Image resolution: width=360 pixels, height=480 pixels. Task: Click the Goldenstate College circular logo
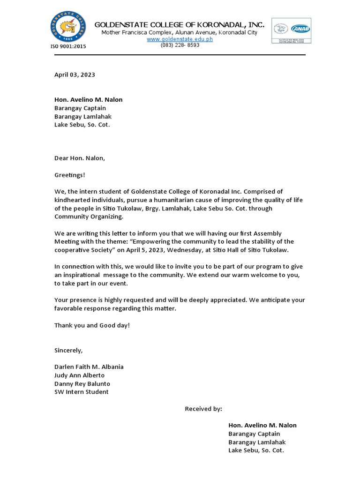point(68,27)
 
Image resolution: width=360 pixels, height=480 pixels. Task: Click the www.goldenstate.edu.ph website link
point(180,39)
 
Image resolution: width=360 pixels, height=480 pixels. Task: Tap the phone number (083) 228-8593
point(180,45)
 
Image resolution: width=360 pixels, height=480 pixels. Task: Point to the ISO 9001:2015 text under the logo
point(68,46)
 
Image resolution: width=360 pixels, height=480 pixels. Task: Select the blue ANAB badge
point(300,29)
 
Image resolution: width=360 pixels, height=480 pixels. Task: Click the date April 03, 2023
point(75,75)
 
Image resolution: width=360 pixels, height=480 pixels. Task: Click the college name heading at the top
point(180,24)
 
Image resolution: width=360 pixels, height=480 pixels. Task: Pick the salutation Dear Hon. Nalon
point(80,158)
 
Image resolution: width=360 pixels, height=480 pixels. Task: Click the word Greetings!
point(70,175)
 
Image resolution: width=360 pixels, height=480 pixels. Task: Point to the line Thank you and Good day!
point(92,325)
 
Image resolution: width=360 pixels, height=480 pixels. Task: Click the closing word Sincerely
point(68,350)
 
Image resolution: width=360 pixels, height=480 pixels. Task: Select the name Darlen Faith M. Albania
point(89,367)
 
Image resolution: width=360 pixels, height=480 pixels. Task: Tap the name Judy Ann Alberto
point(79,375)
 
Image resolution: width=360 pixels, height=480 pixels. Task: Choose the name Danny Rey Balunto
point(82,383)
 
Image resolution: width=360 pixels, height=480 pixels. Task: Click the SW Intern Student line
point(81,392)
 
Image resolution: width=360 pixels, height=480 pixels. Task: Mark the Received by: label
point(203,409)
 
